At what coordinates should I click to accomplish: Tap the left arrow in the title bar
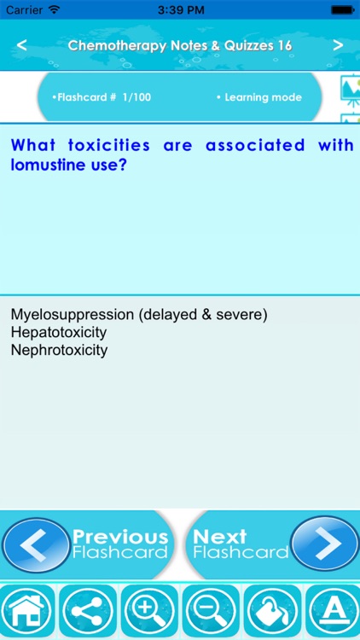pyautogui.click(x=21, y=45)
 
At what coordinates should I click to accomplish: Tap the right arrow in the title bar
pyautogui.click(x=338, y=45)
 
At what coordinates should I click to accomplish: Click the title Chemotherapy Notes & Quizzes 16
pyautogui.click(x=180, y=45)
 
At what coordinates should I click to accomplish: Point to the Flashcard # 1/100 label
pyautogui.click(x=102, y=97)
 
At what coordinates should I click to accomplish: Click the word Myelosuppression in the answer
pyautogui.click(x=73, y=315)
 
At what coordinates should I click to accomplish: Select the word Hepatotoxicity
pyautogui.click(x=59, y=332)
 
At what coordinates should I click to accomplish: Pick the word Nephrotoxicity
pyautogui.click(x=59, y=350)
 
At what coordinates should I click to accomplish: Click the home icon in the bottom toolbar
pyautogui.click(x=27, y=612)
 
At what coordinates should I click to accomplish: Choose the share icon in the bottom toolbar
pyautogui.click(x=89, y=612)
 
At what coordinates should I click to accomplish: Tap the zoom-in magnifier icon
pyautogui.click(x=150, y=612)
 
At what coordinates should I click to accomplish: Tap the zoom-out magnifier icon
pyautogui.click(x=211, y=612)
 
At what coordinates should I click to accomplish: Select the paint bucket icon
pyautogui.click(x=271, y=612)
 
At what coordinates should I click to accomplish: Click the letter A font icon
pyautogui.click(x=333, y=612)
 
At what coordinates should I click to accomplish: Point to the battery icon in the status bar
pyautogui.click(x=342, y=9)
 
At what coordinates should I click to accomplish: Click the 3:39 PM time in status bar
pyautogui.click(x=179, y=9)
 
